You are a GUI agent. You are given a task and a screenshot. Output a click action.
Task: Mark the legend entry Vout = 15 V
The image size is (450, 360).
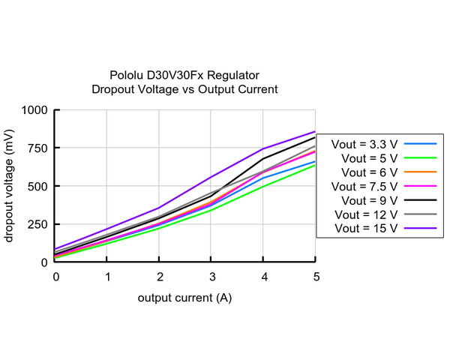coord(364,228)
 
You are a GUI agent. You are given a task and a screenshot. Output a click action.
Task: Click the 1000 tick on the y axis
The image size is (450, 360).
coord(35,110)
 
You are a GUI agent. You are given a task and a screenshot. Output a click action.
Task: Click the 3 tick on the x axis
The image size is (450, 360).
coord(212,277)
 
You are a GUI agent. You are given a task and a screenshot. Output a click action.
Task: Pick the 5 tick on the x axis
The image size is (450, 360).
coord(316,277)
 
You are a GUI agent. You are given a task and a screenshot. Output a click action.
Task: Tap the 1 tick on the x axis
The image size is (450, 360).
coord(108,277)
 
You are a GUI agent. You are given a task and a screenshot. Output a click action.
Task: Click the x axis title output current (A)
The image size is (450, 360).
coord(184,298)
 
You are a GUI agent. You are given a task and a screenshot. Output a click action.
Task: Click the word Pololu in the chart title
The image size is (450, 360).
coord(128,75)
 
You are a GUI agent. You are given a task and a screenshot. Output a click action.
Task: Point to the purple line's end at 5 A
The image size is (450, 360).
coord(316,131)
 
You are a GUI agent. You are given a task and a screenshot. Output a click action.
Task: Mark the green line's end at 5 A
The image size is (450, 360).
coord(316,165)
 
